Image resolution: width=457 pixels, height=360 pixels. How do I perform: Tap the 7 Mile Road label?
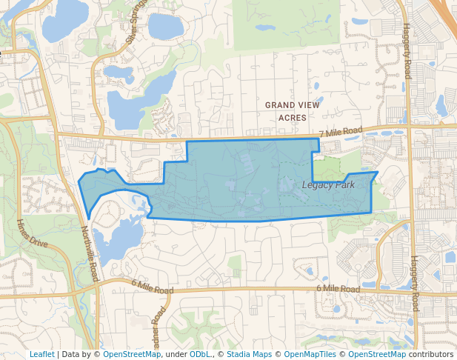[x=340, y=132]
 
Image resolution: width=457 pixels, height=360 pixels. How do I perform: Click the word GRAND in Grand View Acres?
[x=281, y=106]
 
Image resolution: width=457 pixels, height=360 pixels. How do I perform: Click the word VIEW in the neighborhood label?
[x=310, y=106]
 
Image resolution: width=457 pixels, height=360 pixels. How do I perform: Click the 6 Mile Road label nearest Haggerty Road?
[x=338, y=287]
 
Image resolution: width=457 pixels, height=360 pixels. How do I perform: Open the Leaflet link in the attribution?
[x=41, y=354]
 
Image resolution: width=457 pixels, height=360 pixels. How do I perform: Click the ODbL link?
[x=199, y=354]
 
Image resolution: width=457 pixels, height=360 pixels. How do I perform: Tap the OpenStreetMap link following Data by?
[x=132, y=354]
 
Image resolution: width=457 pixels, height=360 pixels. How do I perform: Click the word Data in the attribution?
[x=72, y=354]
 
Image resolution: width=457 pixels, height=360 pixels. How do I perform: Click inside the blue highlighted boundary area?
[x=244, y=181]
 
